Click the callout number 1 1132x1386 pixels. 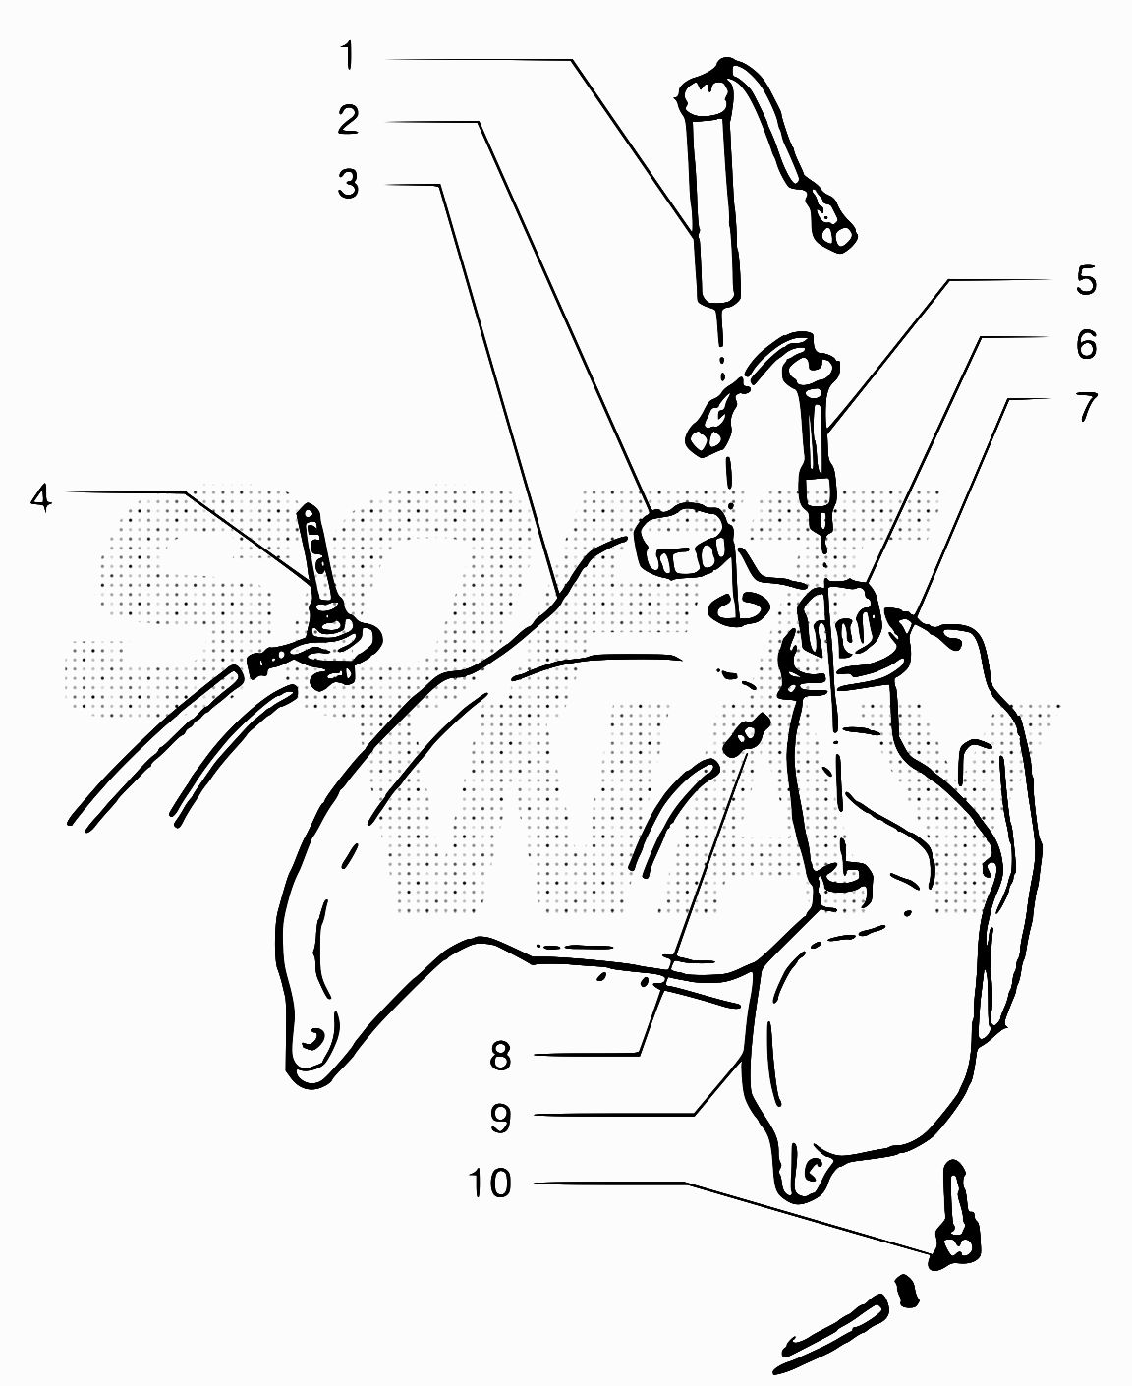(x=348, y=56)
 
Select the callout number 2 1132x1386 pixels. (x=348, y=120)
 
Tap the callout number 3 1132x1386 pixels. (x=348, y=184)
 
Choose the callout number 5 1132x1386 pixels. (x=1086, y=280)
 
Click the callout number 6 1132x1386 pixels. (x=1086, y=344)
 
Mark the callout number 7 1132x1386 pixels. (x=1086, y=407)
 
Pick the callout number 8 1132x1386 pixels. (x=500, y=1057)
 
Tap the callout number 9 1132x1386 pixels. (x=500, y=1119)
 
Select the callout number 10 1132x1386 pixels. (x=489, y=1184)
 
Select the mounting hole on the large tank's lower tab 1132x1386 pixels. (x=314, y=1038)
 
